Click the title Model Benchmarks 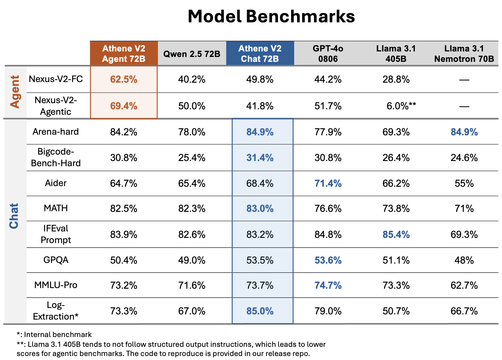click(271, 17)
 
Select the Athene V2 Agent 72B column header click(124, 53)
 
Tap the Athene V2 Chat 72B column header click(260, 53)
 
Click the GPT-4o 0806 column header click(328, 53)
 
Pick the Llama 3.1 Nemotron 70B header click(464, 53)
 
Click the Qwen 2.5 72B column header click(192, 54)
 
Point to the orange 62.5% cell click(124, 80)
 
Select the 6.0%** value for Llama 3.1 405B click(401, 106)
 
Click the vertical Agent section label click(15, 92)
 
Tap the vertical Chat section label click(14, 216)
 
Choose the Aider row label click(56, 183)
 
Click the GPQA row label click(56, 260)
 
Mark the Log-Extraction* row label click(56, 311)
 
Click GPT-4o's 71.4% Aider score click(328, 183)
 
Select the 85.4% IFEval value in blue click(396, 234)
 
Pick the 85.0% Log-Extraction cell click(260, 311)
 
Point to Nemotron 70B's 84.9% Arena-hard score click(464, 132)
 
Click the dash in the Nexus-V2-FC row click(464, 80)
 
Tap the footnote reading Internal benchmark click(54, 334)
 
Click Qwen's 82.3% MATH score click(192, 208)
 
